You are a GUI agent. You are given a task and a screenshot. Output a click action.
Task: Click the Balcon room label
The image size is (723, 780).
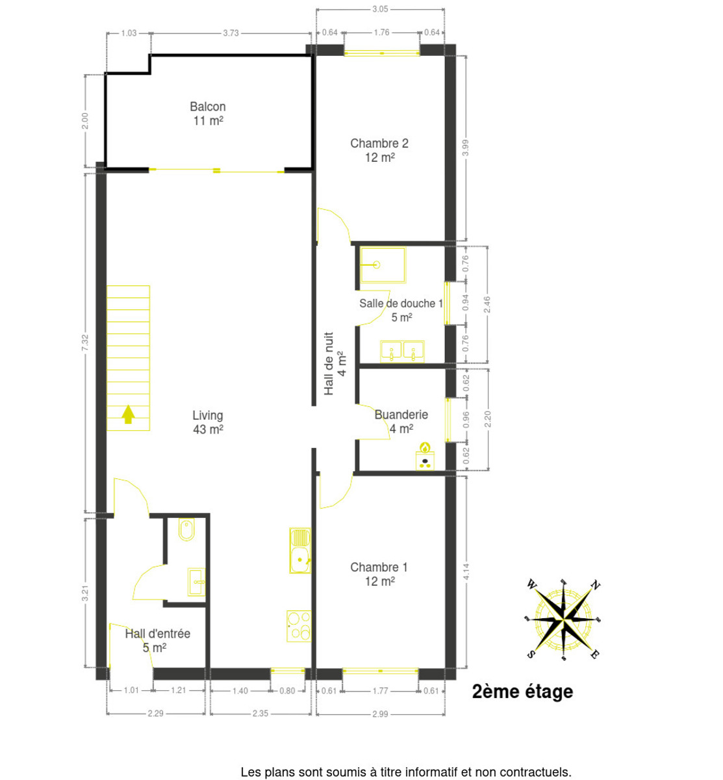[x=208, y=113]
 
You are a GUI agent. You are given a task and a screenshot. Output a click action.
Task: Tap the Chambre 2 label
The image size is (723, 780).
[x=379, y=150]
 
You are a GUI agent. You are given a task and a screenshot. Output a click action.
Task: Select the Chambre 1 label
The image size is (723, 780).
[x=379, y=574]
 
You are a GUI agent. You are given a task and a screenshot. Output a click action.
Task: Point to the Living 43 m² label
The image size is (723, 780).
[x=208, y=422]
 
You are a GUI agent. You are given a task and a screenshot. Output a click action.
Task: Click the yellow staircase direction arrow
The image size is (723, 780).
[x=128, y=414]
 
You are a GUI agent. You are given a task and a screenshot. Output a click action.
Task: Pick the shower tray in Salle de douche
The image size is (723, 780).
[x=383, y=265]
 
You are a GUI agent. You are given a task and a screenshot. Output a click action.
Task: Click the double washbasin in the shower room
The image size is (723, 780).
[x=402, y=351]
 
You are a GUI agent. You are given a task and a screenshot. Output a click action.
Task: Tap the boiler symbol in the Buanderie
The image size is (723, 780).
[x=425, y=456]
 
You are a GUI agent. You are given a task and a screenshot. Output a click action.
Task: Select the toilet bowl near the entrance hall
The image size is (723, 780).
[x=186, y=530]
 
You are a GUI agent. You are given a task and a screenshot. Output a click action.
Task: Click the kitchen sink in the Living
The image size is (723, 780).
[x=300, y=551]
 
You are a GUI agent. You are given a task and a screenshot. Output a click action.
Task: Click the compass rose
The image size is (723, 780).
[x=563, y=619]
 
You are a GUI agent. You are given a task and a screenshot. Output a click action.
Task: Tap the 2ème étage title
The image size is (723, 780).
[x=522, y=692]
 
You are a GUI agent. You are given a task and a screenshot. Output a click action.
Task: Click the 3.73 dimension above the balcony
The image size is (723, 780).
[x=231, y=33]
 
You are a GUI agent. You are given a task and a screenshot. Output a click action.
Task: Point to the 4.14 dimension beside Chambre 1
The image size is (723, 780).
[x=466, y=571]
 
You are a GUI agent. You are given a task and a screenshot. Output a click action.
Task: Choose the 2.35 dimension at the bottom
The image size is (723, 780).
[x=260, y=713]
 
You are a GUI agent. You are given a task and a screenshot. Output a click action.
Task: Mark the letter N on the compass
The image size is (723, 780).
[x=595, y=585]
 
